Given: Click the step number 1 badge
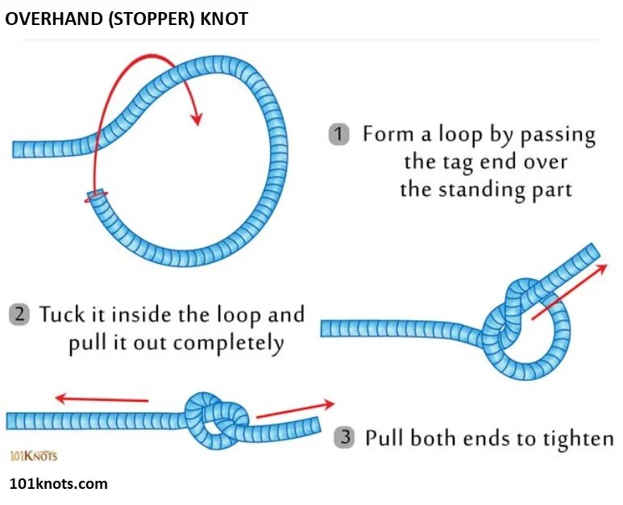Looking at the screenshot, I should click(338, 134).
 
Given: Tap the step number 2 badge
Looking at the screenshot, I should click(19, 314).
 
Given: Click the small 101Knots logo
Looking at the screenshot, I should click(33, 455).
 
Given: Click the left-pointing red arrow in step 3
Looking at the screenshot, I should click(102, 397).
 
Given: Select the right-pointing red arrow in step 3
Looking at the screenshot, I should click(295, 410).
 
